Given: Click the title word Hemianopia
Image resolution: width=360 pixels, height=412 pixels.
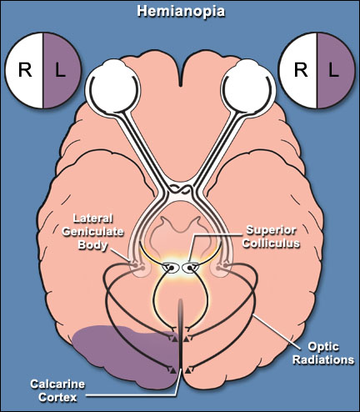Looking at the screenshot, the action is point(181,12).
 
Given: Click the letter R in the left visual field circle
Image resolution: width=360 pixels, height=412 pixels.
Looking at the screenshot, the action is point(25,70).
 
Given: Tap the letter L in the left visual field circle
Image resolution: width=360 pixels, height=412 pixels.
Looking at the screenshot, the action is point(60,70).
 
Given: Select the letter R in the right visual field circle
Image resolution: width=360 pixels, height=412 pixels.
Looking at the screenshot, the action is point(301,70).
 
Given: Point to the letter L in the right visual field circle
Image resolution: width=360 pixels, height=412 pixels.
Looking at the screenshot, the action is point(333,70).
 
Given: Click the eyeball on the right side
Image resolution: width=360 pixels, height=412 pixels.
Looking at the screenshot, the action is point(249,88).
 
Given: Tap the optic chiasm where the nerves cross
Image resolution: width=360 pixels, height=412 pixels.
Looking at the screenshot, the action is point(181,190).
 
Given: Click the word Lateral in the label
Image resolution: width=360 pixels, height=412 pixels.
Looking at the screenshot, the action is point(92,219).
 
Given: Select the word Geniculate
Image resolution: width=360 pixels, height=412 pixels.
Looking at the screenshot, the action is point(92,232).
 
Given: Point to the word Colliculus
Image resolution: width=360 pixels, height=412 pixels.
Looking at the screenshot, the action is point(271,244).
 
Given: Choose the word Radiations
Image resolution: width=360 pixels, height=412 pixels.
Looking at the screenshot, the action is point(323,359).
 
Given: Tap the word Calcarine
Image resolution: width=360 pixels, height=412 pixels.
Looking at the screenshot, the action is point(57,384).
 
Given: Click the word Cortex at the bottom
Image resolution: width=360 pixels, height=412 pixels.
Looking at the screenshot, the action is point(57,397).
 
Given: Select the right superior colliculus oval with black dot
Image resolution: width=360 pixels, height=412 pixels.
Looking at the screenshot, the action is point(190,268).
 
